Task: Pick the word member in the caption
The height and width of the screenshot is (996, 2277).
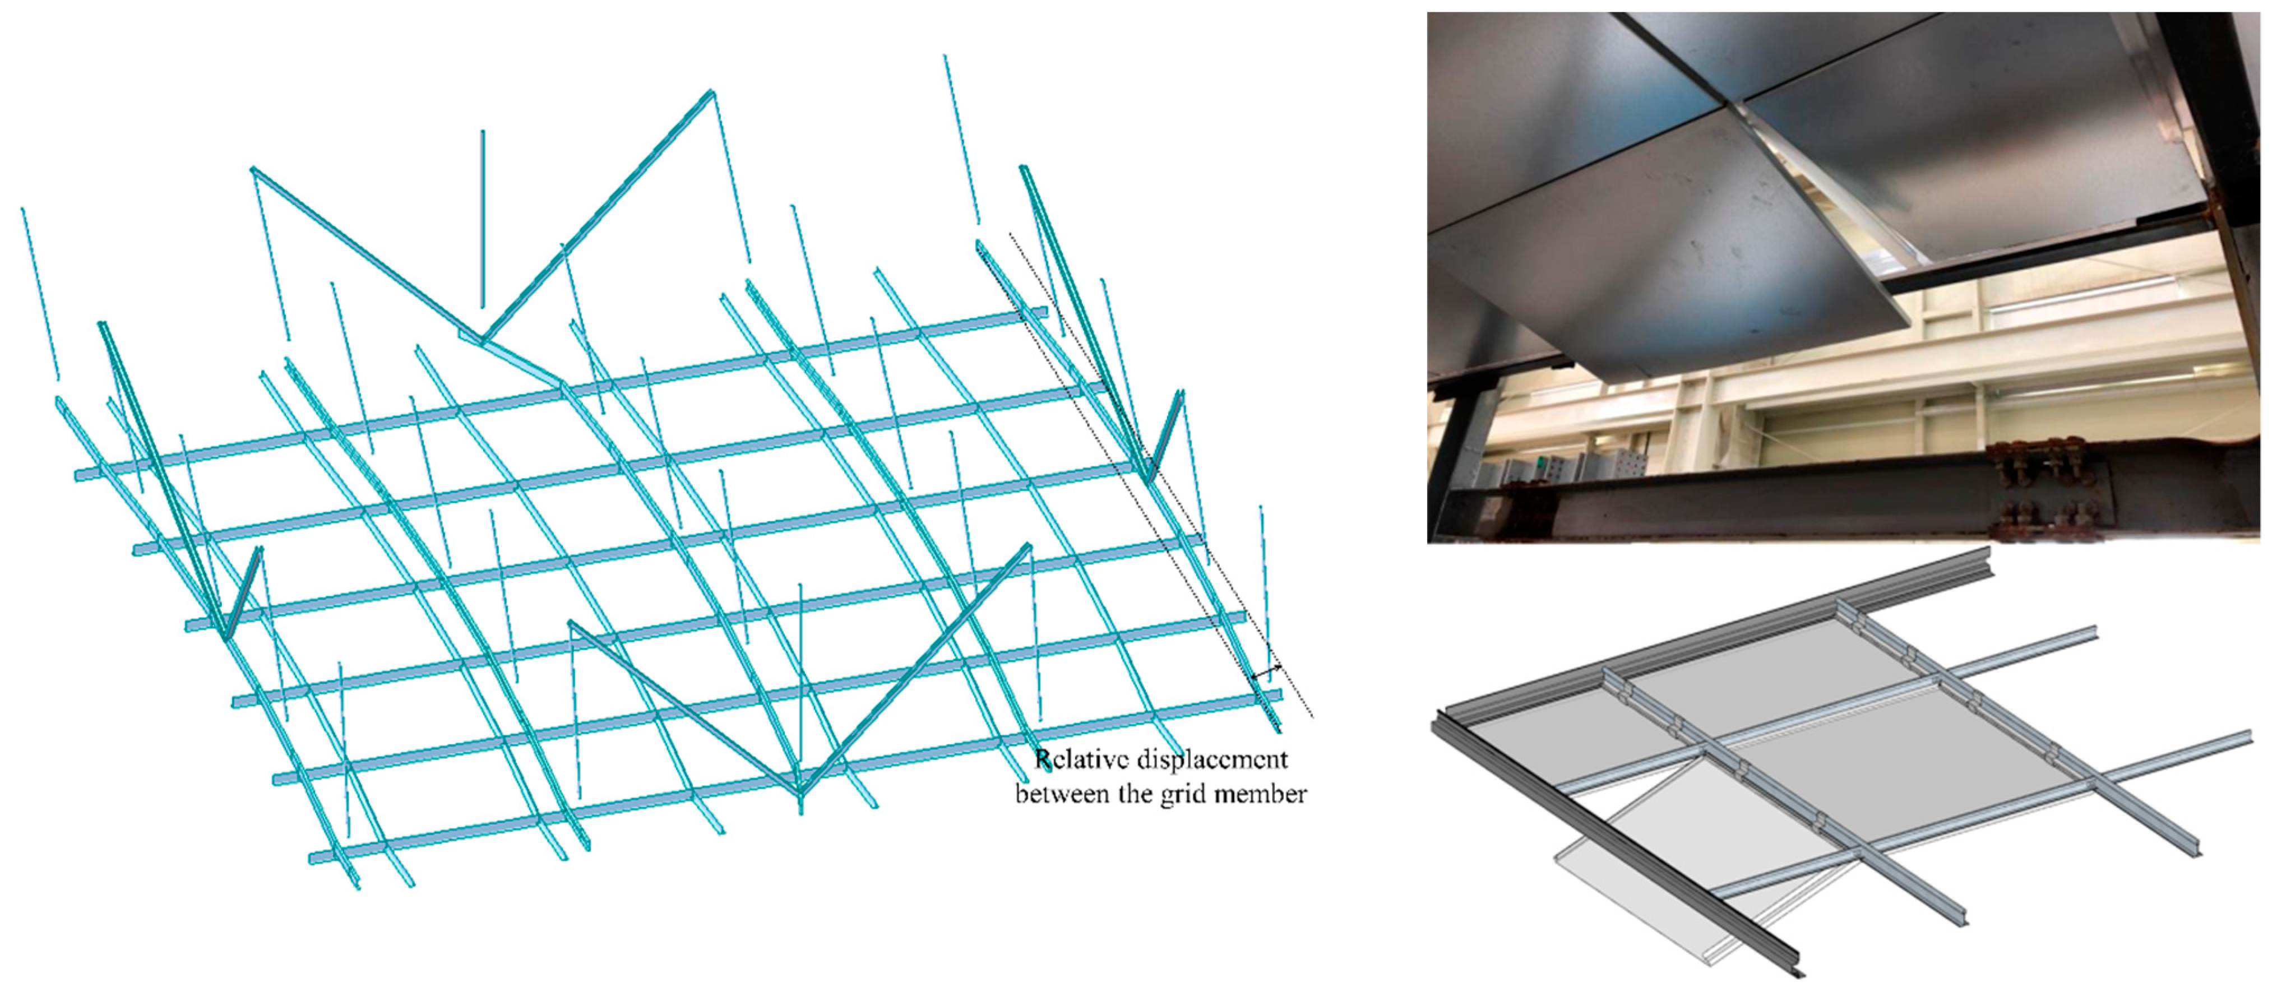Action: tap(1261, 795)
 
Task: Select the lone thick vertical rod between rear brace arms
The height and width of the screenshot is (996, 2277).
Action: tap(483, 219)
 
